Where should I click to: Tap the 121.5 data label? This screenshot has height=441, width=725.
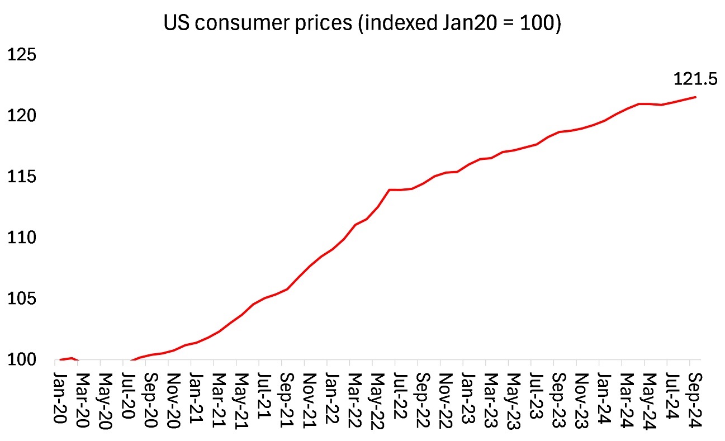coord(695,79)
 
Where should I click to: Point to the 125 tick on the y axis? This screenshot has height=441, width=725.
coord(21,55)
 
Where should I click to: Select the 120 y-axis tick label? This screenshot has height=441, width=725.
coord(21,116)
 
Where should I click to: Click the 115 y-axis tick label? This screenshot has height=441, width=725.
coord(21,177)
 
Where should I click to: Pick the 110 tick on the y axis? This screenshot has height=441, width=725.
coord(21,238)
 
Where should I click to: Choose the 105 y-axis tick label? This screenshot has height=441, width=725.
coord(21,299)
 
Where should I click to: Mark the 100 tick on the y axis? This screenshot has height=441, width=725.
coord(21,360)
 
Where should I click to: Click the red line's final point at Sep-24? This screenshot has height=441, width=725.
coord(695,97)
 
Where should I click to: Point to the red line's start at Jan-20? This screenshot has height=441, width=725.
coord(60,359)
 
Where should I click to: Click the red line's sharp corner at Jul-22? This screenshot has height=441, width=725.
coord(390,189)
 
